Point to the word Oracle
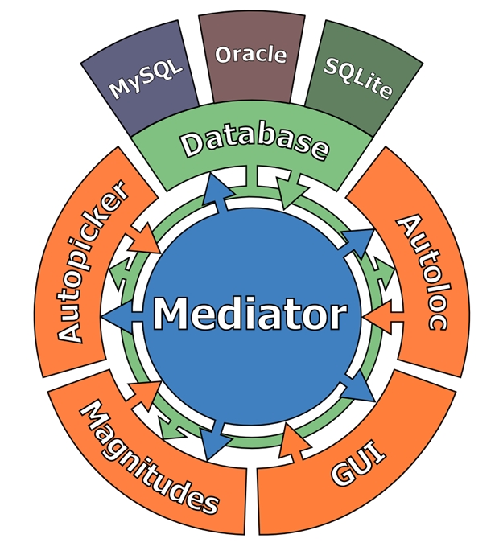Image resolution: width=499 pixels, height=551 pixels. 250,54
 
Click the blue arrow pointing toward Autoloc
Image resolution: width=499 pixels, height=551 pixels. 359,240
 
